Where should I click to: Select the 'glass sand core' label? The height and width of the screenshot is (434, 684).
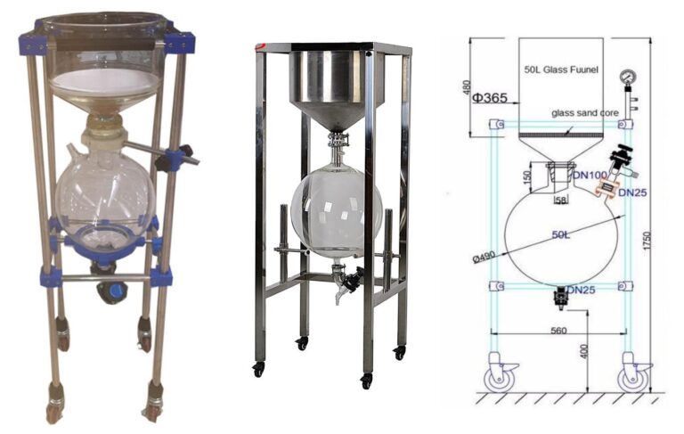[584, 113]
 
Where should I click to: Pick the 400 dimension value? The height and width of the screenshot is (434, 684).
[584, 354]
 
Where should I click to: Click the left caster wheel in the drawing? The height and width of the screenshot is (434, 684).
[498, 375]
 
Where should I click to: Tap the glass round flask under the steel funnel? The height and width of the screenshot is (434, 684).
[338, 212]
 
